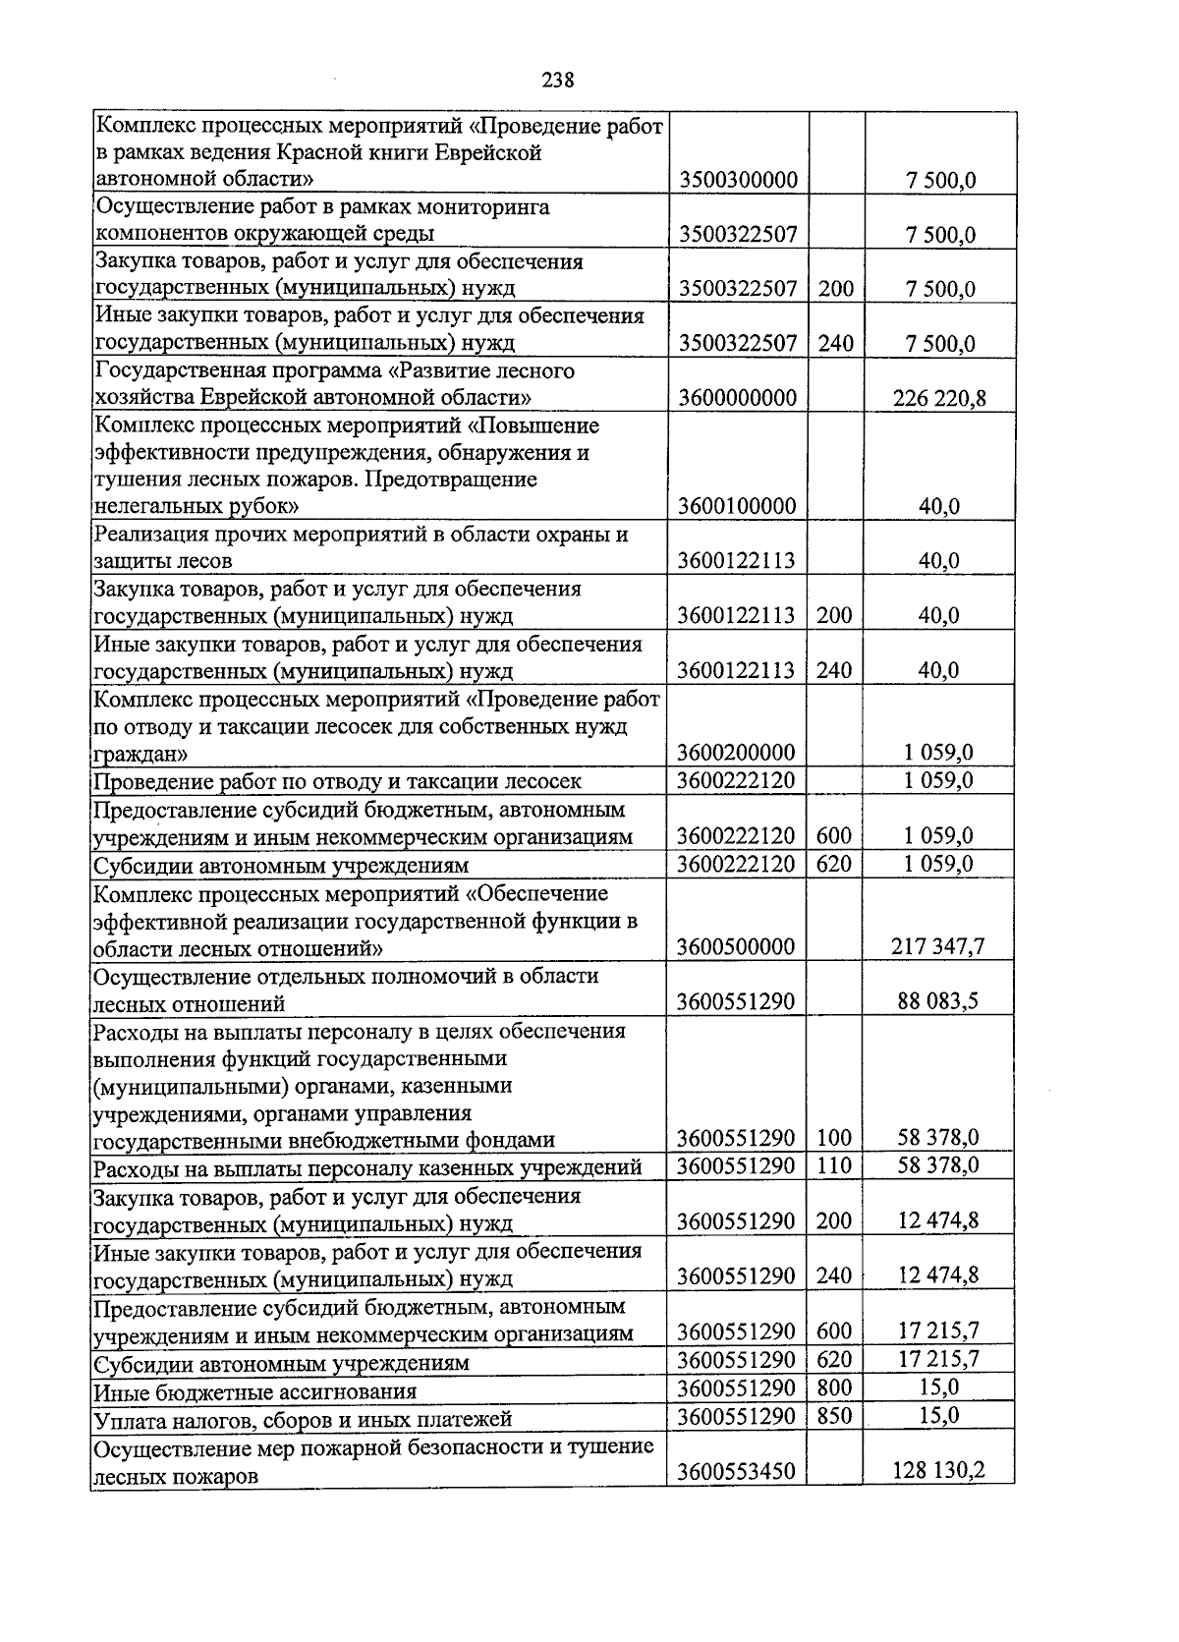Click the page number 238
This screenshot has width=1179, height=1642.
click(557, 81)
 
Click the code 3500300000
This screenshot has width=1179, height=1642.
click(737, 180)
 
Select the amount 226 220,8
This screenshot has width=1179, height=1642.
click(939, 398)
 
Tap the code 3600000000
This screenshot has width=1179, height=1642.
click(737, 398)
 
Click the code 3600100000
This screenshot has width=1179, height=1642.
click(737, 507)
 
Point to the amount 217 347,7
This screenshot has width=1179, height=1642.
click(937, 947)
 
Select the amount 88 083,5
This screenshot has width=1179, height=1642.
click(937, 1002)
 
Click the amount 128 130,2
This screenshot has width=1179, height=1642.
click(938, 1471)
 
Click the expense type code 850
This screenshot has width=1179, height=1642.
click(834, 1416)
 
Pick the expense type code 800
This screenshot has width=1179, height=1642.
click(834, 1388)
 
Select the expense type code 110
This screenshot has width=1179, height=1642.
click(834, 1166)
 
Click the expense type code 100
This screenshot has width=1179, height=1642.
click(834, 1139)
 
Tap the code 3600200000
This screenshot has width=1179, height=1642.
click(737, 754)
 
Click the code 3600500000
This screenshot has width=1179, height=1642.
click(737, 947)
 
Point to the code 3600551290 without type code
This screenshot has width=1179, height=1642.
click(737, 1002)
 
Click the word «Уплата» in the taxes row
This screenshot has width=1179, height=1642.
click(129, 1419)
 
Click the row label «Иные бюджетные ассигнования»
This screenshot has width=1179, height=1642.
click(255, 1391)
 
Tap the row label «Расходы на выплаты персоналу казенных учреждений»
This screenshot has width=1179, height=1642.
click(367, 1168)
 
